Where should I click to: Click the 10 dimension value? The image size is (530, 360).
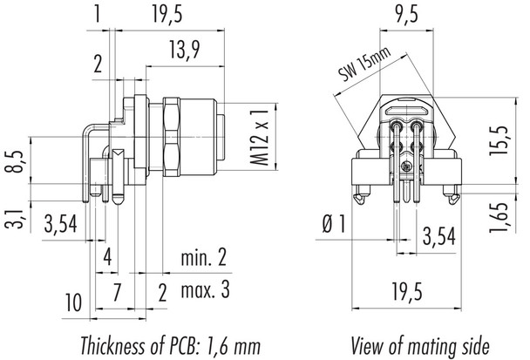tap(74, 302)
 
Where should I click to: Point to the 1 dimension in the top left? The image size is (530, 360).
tap(99, 13)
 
